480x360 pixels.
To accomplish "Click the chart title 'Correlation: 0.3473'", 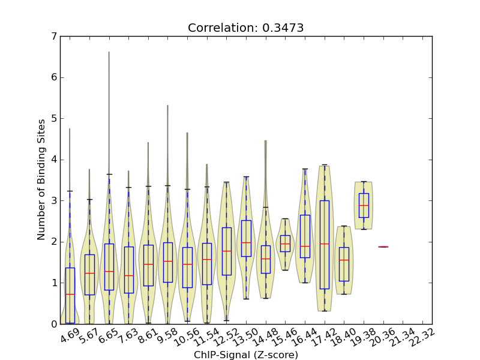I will click(245, 28).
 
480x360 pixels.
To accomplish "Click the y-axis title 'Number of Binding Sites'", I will click(41, 180).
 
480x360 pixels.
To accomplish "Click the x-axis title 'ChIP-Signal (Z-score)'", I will click(245, 355).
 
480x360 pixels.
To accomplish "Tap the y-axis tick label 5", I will click(54, 119).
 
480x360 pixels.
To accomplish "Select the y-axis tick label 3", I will click(54, 201).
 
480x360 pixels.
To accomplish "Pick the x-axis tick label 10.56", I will click(187, 337).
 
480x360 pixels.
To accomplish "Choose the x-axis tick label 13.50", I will click(245, 337).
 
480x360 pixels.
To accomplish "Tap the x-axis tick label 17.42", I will click(324, 337).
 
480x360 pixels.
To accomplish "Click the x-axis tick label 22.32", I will click(422, 337).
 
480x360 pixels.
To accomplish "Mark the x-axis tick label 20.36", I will click(383, 337).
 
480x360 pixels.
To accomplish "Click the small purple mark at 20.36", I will click(383, 247).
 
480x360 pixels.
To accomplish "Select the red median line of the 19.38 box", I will click(364, 206).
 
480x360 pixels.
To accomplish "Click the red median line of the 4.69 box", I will click(70, 294).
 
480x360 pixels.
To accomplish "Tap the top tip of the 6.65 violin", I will click(109, 52).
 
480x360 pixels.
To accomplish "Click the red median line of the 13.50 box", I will click(245, 242).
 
